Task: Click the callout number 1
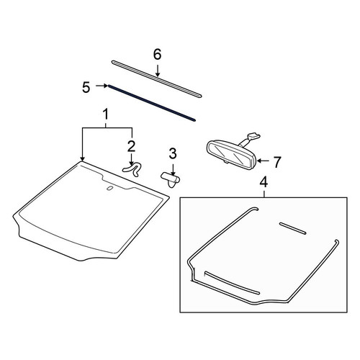(x=106, y=114)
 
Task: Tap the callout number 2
(x=131, y=146)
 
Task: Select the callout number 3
(x=173, y=153)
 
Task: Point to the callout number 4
(x=264, y=181)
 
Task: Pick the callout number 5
(x=86, y=87)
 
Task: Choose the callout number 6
(x=158, y=55)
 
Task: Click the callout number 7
(x=277, y=162)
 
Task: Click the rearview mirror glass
(x=230, y=154)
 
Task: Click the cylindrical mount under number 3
(x=171, y=179)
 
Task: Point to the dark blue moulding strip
(x=152, y=103)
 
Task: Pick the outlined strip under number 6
(x=156, y=79)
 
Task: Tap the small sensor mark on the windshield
(x=109, y=189)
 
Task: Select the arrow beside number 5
(x=102, y=86)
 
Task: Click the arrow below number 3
(x=173, y=168)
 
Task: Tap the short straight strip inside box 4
(x=293, y=228)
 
